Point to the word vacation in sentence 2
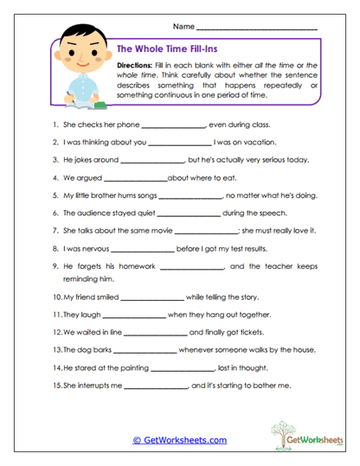pos(258,143)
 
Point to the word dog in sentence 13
pos(83,349)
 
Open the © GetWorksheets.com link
pos(179,439)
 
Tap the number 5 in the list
pos(55,195)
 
